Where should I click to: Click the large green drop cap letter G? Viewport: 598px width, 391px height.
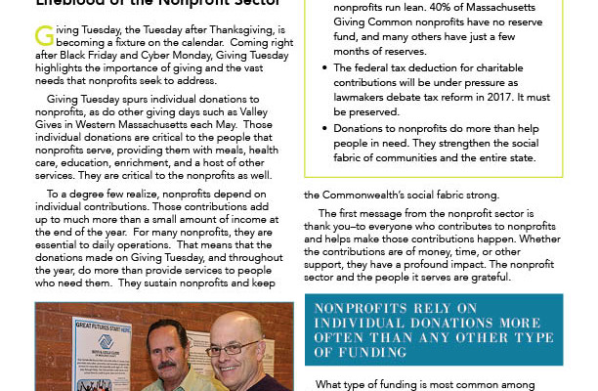[45, 35]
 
